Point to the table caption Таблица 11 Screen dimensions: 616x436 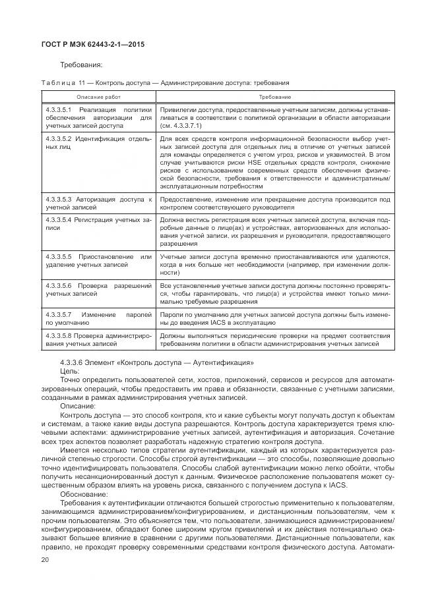tap(60, 82)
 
